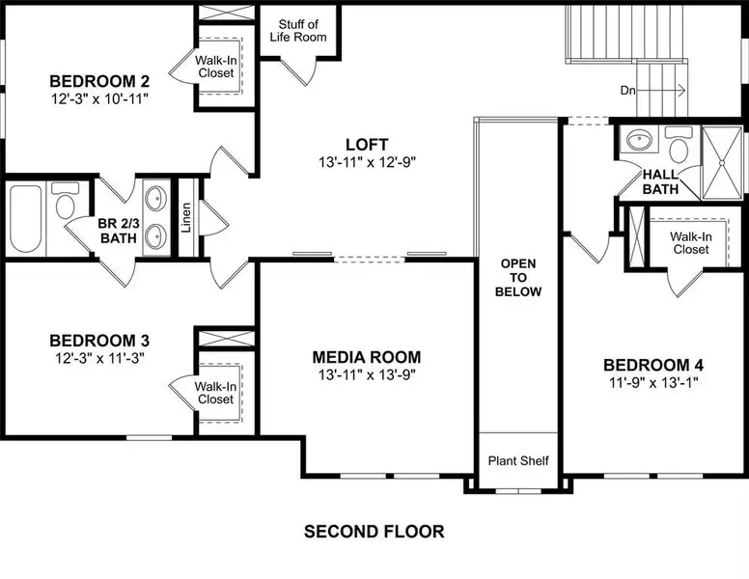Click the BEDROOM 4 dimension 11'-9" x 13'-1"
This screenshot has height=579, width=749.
(653, 382)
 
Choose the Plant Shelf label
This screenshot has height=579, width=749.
(517, 461)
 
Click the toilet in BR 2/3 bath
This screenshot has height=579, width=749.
(65, 206)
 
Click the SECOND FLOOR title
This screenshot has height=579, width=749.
(374, 531)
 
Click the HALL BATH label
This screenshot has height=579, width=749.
(662, 181)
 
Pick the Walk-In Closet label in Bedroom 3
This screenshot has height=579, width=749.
(215, 392)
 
